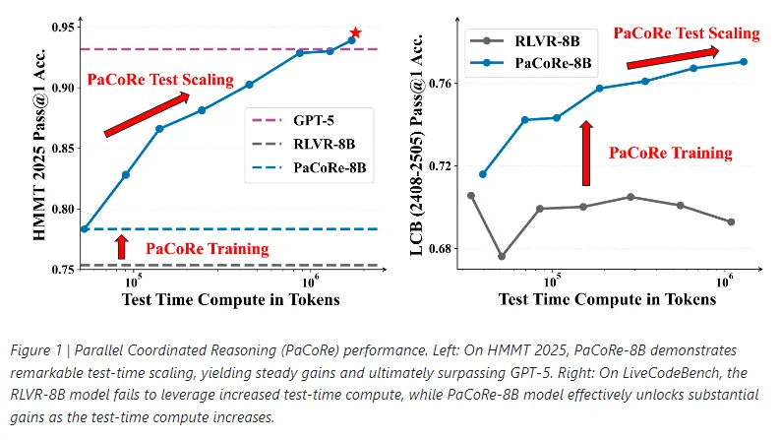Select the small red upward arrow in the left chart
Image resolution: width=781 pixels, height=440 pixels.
[x=122, y=246]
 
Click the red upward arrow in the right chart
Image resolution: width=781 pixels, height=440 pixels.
[x=586, y=153]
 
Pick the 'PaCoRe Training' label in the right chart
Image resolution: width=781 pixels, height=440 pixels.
[x=671, y=153]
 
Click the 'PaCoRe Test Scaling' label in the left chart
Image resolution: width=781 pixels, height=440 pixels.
[x=160, y=79]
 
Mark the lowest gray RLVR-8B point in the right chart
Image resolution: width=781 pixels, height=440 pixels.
[x=503, y=256]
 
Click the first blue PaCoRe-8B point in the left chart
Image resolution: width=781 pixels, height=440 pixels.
[x=85, y=229]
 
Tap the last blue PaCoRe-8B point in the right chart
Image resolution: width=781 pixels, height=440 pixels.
[x=744, y=61]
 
